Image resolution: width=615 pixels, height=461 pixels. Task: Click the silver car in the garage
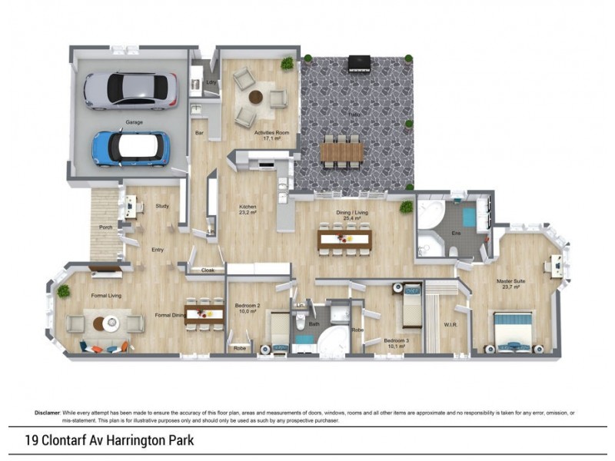pyautogui.click(x=130, y=90)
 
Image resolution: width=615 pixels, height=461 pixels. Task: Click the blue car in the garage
pyautogui.click(x=131, y=148)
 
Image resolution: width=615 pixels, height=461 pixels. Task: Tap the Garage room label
pyautogui.click(x=135, y=121)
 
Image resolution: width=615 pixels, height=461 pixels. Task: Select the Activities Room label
pyautogui.click(x=272, y=136)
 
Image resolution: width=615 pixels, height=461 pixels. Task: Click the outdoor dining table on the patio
pyautogui.click(x=341, y=152)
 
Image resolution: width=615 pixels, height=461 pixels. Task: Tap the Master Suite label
pyautogui.click(x=510, y=282)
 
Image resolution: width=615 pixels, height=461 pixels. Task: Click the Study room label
pyautogui.click(x=161, y=205)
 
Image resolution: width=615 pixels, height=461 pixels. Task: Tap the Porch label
pyautogui.click(x=106, y=227)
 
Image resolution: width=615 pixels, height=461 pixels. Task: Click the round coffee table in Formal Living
pyautogui.click(x=104, y=323)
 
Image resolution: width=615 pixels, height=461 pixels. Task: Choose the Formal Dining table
pyautogui.click(x=204, y=312)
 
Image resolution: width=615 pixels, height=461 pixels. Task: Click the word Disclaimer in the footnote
pyautogui.click(x=48, y=413)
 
